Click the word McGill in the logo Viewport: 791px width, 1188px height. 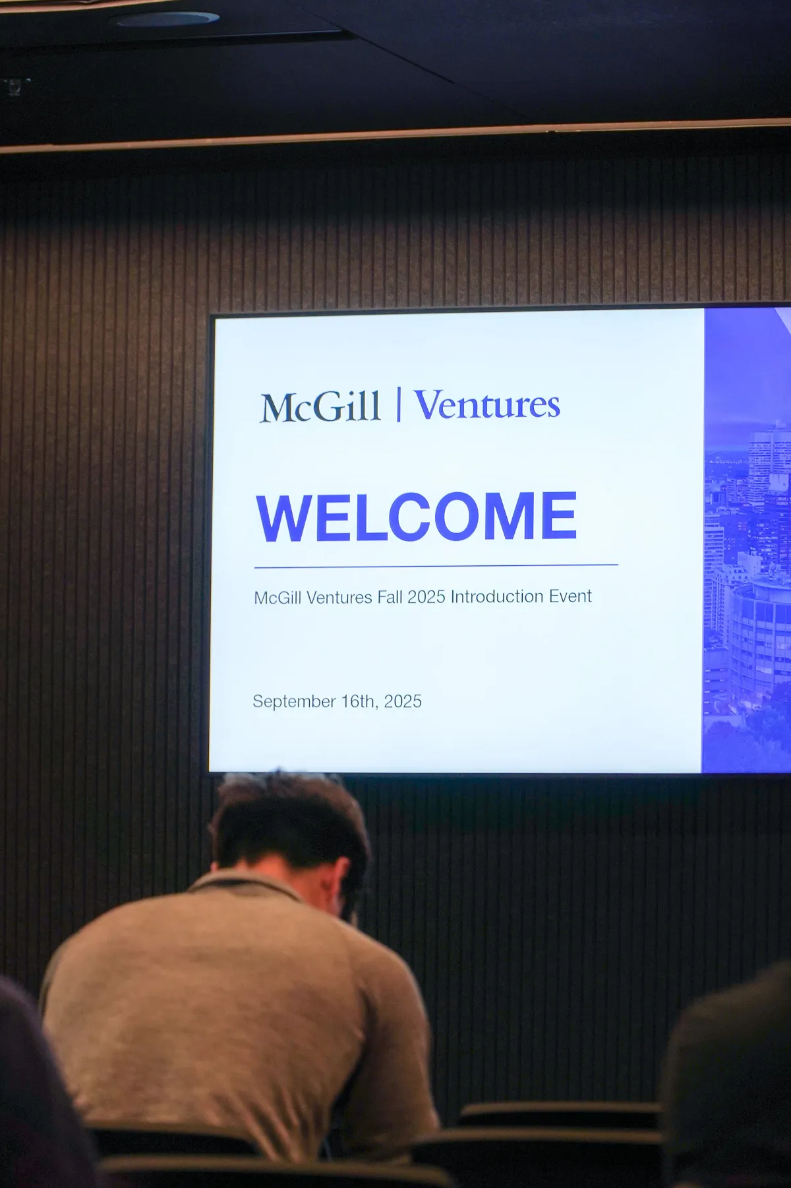320,407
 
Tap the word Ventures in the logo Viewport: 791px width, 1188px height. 487,404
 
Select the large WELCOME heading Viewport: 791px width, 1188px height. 417,518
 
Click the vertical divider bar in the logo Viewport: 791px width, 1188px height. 399,404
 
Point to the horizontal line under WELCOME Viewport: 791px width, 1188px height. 436,566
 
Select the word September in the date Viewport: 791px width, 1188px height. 294,702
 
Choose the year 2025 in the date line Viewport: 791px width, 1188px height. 403,701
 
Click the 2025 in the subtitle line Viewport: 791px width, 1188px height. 426,597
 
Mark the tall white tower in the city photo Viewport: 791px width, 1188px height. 770,462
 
